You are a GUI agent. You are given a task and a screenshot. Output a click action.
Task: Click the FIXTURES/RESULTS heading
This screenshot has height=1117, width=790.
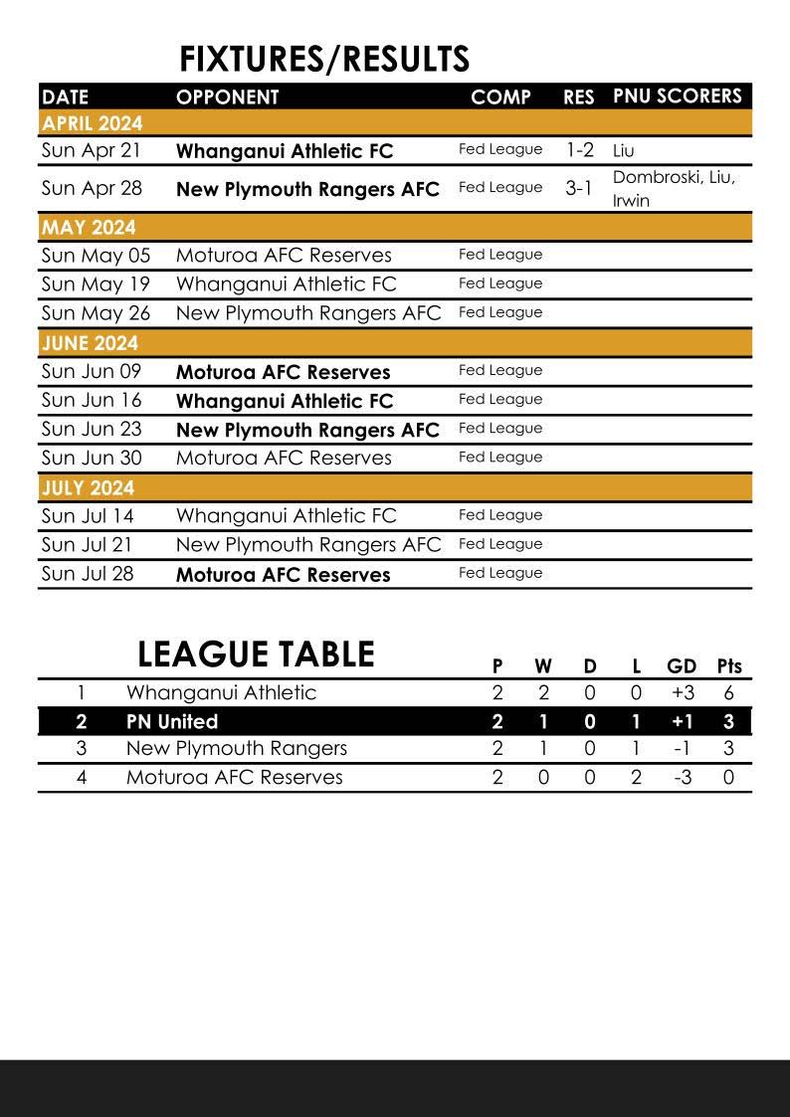(x=324, y=60)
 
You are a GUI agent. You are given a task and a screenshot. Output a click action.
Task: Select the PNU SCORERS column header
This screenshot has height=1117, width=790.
(x=677, y=96)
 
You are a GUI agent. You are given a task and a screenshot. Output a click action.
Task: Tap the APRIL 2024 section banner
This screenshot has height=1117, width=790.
(x=92, y=123)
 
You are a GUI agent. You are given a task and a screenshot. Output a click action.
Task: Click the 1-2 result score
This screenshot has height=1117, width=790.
(x=580, y=150)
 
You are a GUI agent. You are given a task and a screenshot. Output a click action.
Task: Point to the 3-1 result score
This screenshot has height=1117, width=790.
(x=579, y=188)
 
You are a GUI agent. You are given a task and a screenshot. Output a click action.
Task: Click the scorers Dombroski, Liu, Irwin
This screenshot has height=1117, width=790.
(x=674, y=188)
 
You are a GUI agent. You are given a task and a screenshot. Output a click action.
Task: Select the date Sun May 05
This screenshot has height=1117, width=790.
(x=96, y=255)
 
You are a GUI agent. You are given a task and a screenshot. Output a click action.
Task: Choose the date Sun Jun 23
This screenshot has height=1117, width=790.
(x=92, y=429)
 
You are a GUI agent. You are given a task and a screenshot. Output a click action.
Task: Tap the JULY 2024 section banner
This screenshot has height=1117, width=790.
(x=88, y=487)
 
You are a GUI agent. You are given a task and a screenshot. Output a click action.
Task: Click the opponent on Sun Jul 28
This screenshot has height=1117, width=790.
(x=283, y=574)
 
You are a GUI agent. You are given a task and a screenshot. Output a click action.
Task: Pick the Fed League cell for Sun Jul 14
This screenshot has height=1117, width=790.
(x=500, y=515)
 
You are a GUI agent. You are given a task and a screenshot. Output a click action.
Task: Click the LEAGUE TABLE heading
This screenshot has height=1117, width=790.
(x=256, y=654)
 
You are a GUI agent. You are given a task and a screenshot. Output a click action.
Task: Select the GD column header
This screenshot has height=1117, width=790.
(x=682, y=666)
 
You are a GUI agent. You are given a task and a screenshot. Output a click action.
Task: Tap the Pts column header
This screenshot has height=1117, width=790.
(x=729, y=666)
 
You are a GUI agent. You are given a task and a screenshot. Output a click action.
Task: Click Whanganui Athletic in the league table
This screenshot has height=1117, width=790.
(x=221, y=692)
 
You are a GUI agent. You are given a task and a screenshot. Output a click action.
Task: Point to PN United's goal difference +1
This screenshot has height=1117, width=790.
(x=682, y=721)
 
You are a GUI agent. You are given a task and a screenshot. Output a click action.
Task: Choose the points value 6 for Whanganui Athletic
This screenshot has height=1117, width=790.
(x=728, y=692)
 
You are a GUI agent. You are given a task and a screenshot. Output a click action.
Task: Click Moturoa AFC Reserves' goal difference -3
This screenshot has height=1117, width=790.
(x=682, y=777)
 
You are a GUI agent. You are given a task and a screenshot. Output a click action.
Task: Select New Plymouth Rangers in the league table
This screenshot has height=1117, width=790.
(x=237, y=748)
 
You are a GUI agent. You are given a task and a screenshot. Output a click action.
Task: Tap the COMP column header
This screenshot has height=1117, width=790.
(x=500, y=97)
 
